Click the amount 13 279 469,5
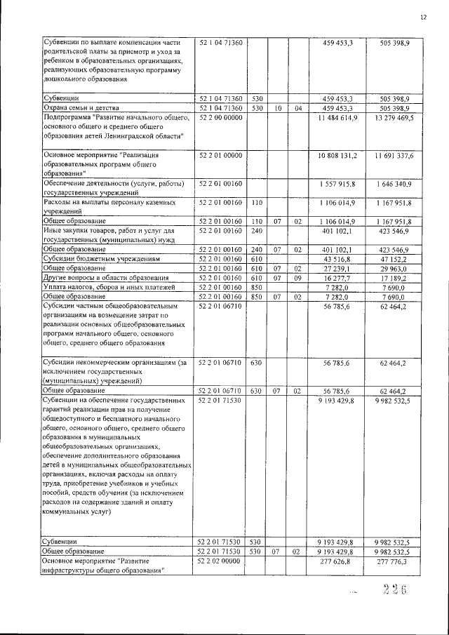[x=391, y=118]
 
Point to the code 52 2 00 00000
[x=220, y=118]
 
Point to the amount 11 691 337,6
[x=391, y=154]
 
